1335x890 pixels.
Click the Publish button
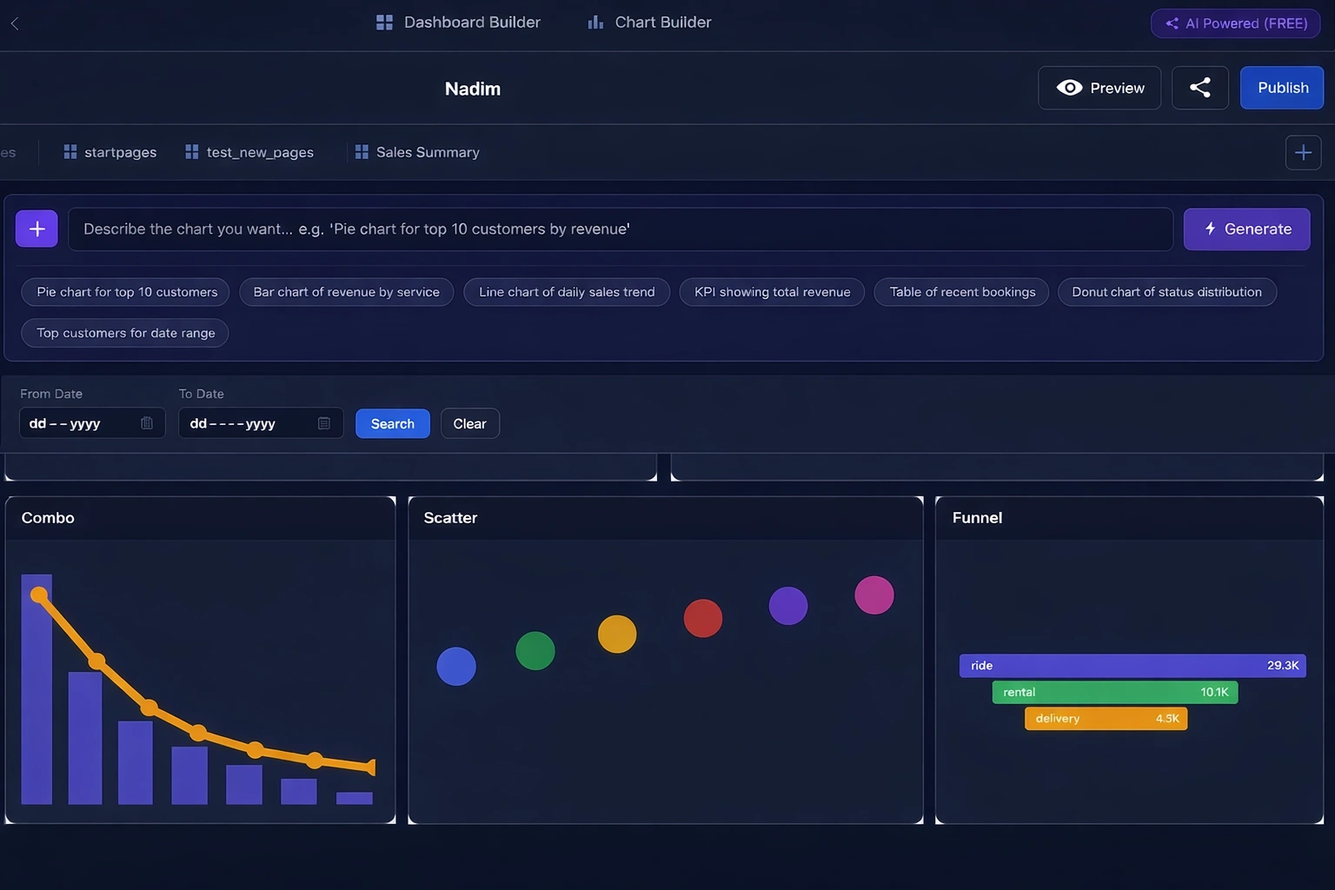pos(1281,88)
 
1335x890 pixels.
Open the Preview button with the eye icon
pos(1099,88)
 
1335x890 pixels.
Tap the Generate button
pos(1246,229)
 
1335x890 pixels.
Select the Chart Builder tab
pos(649,23)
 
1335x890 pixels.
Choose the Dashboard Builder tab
pos(458,23)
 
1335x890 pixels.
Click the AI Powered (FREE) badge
pos(1235,23)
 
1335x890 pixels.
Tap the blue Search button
pos(392,424)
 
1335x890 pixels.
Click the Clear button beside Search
pos(469,424)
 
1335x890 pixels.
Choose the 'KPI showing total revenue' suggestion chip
pos(772,292)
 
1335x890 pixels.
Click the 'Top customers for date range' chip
pos(125,333)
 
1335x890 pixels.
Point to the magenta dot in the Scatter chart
pos(873,595)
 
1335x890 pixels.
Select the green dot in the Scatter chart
pos(535,651)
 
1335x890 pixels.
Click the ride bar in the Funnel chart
pos(1132,666)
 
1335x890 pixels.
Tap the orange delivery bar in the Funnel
pos(1106,719)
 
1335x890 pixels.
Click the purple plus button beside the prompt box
pos(37,229)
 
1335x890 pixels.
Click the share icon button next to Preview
pos(1199,88)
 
